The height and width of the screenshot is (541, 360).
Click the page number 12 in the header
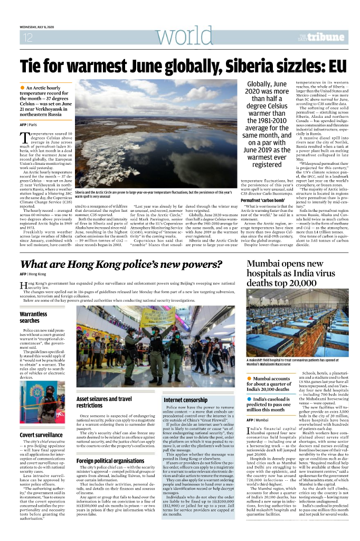tap(28, 38)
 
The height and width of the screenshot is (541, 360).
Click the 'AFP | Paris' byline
tap(29, 124)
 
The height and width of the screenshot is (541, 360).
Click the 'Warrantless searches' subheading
tap(30, 317)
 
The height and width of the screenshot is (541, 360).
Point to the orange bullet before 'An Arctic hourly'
tap(22, 87)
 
